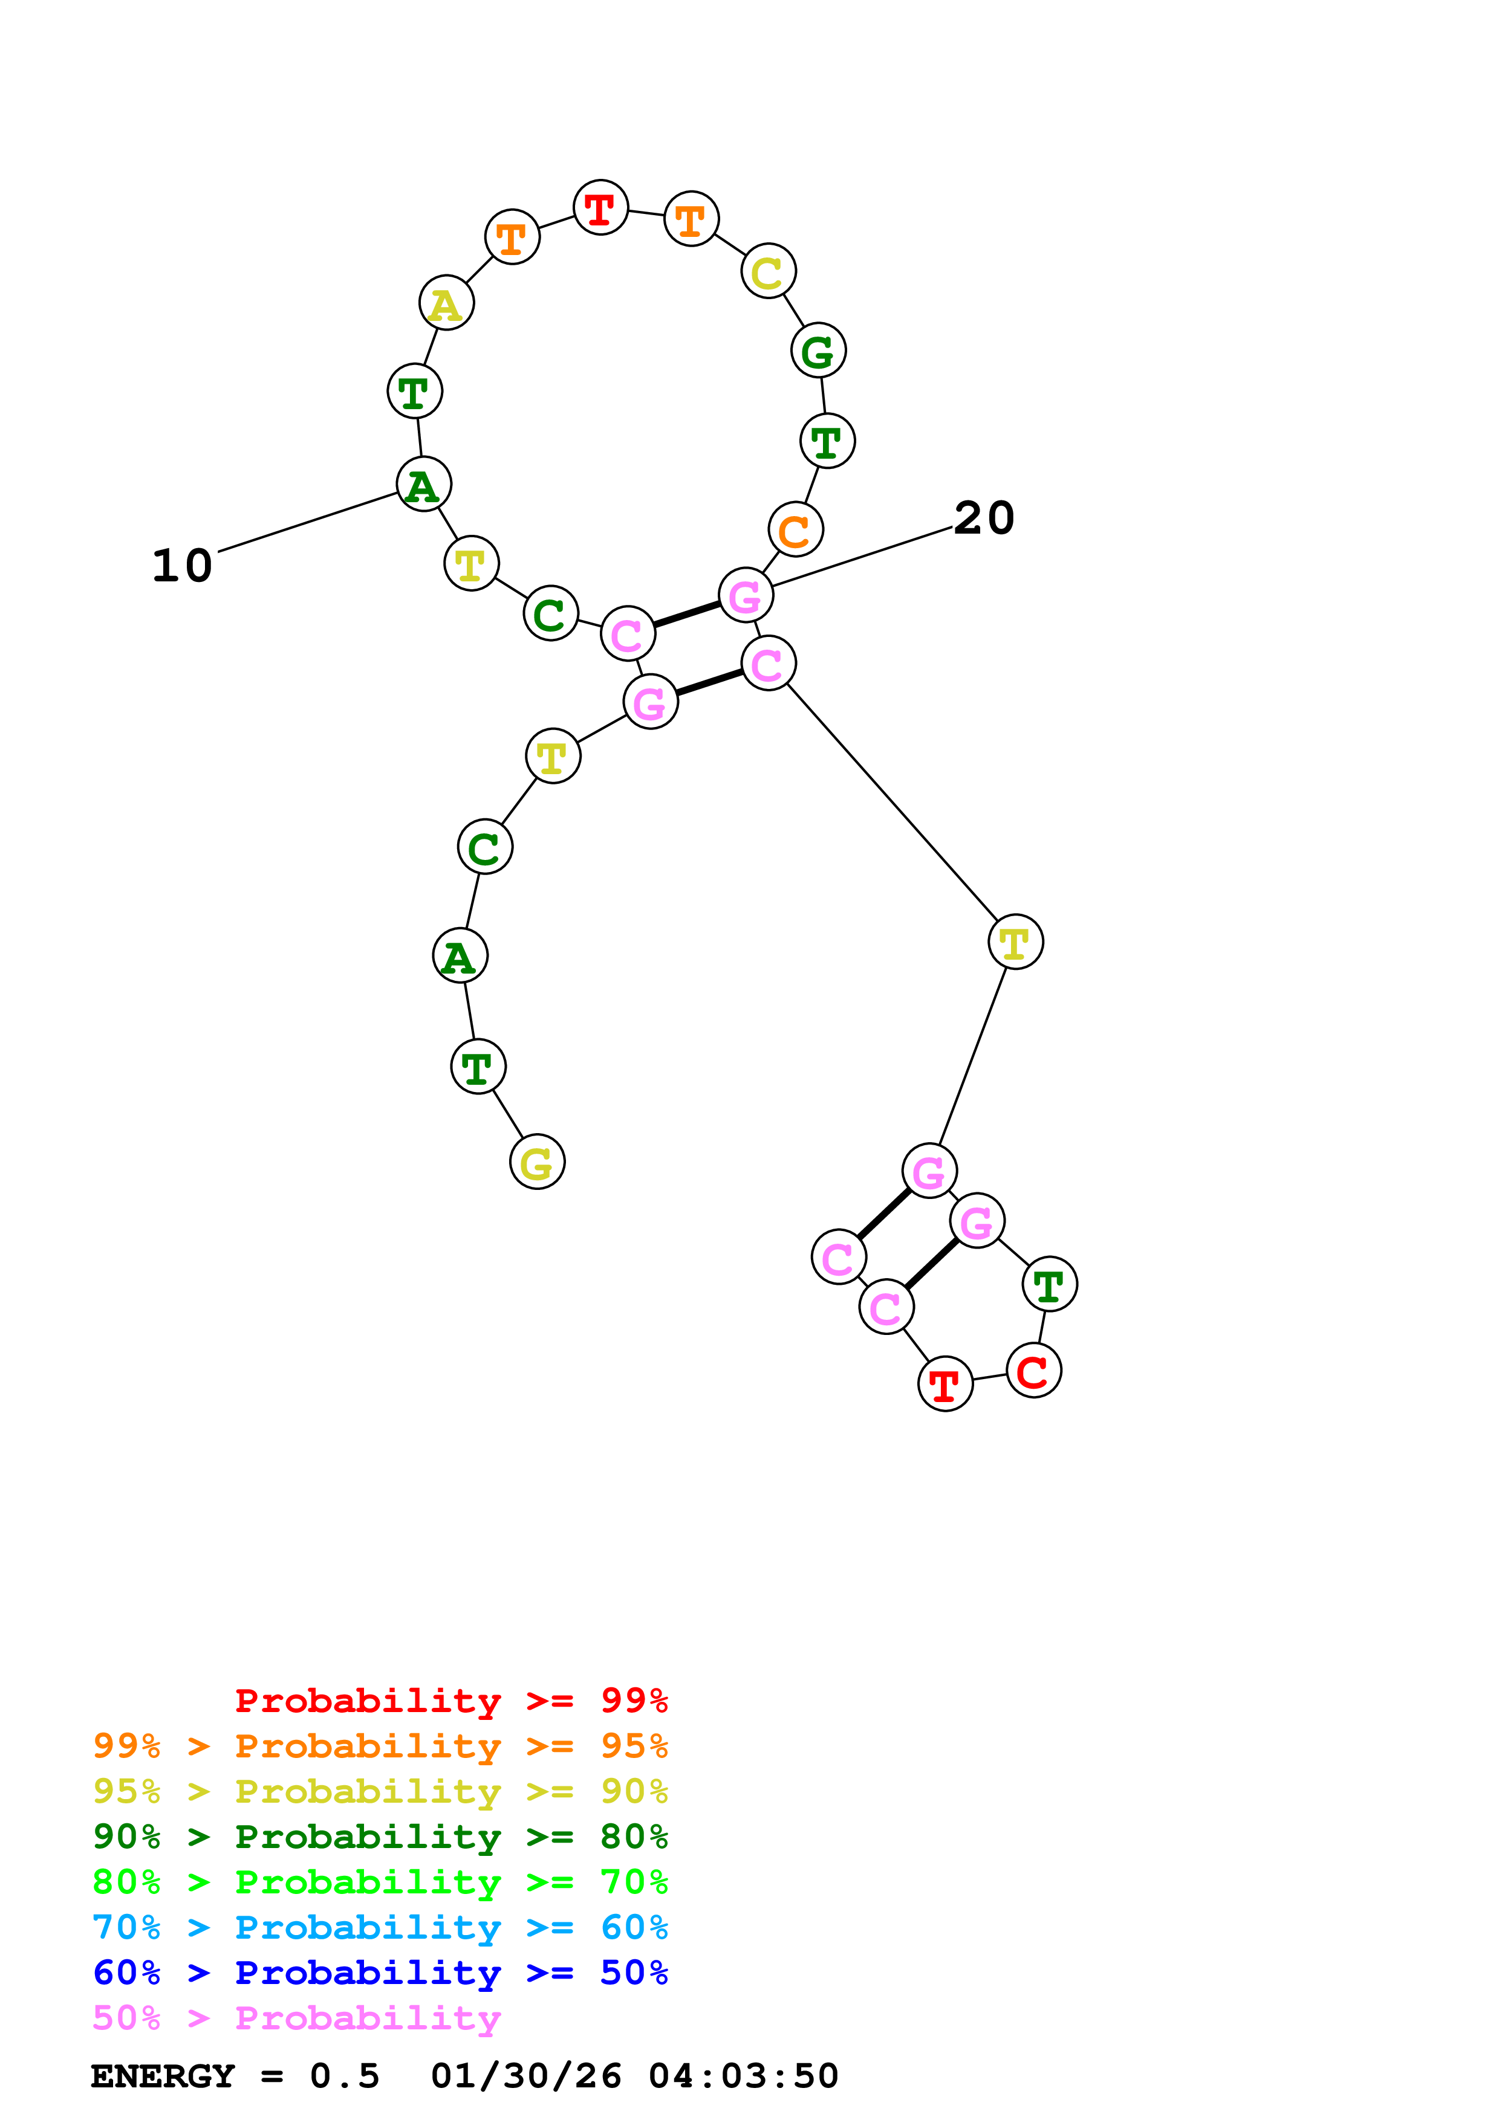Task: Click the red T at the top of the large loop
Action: (x=600, y=208)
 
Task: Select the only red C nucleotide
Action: (x=1033, y=1371)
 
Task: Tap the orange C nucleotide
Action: (x=795, y=530)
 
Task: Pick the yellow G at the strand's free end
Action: (x=536, y=1162)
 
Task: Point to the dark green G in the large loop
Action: (x=818, y=351)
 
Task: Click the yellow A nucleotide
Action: (x=446, y=303)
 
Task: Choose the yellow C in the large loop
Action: (x=767, y=271)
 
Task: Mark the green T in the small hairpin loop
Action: (x=1049, y=1284)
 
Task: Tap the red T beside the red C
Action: (x=945, y=1384)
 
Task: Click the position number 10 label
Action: (x=182, y=566)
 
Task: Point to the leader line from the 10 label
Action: (x=308, y=522)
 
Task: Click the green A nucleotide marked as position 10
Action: (x=423, y=485)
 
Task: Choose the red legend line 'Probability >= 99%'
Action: (x=450, y=1701)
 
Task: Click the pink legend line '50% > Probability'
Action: (x=296, y=2018)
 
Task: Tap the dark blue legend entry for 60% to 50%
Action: (x=380, y=1973)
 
